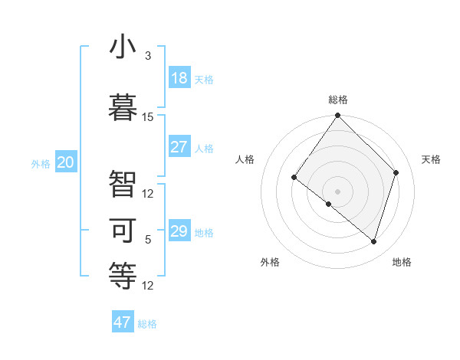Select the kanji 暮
tap(123, 104)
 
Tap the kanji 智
tap(123, 183)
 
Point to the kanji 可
tap(123, 230)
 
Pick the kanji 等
tap(123, 275)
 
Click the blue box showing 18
tap(179, 78)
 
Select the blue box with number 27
tap(179, 147)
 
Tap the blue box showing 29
tap(179, 231)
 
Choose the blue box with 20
tap(66, 162)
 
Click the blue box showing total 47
tap(123, 322)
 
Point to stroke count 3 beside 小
tap(148, 56)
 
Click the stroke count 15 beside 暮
tap(148, 117)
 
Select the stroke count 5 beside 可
tap(148, 240)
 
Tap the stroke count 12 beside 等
tap(148, 286)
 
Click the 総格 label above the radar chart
tap(337, 100)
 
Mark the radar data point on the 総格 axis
tap(337, 116)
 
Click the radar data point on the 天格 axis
tap(396, 172)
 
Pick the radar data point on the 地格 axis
tap(374, 242)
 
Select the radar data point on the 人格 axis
tap(294, 177)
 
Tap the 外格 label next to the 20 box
tap(41, 163)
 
